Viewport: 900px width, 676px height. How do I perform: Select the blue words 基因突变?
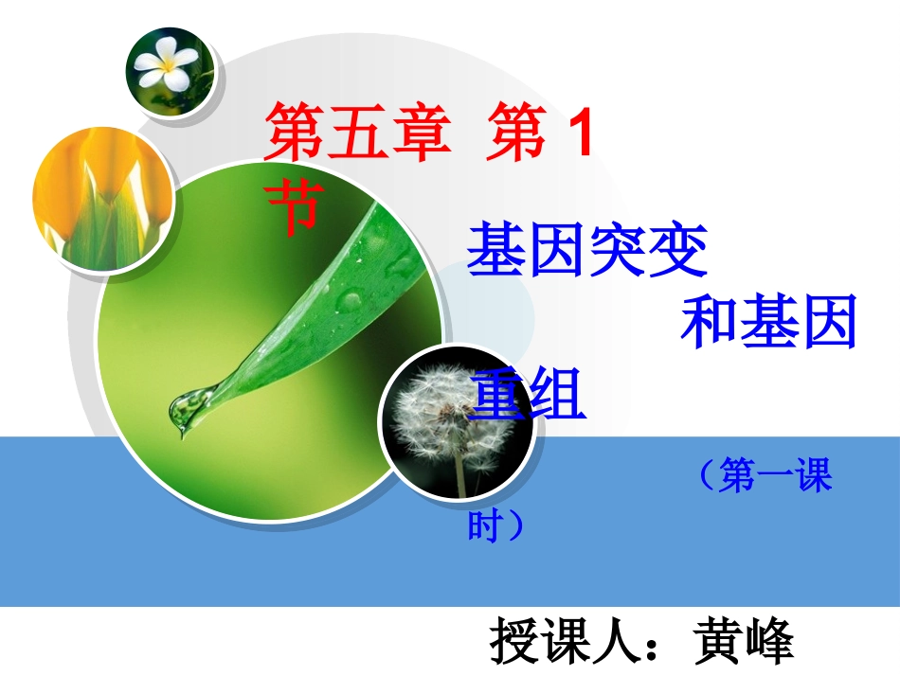click(587, 249)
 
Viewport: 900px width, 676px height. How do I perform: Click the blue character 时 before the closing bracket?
click(484, 525)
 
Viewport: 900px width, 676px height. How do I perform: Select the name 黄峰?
click(745, 643)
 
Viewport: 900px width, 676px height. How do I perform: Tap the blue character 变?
click(678, 249)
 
